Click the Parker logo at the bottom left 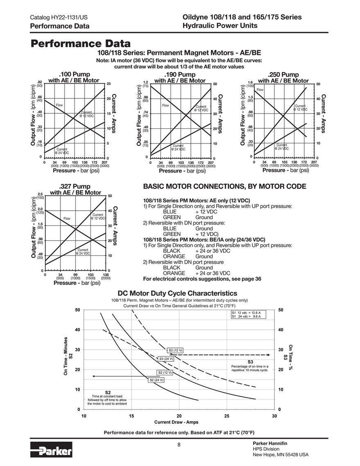pos(51,451)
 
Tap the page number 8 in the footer pos(179,446)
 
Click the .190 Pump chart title pos(180,75)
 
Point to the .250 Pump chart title pos(283,75)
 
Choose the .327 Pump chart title pos(75,186)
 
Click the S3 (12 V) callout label pos(176,350)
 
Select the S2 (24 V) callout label pos(156,380)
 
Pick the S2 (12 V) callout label pos(165,373)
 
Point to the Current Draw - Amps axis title pos(176,422)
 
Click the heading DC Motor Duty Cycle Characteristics pos(177,293)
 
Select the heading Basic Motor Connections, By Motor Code pos(224,186)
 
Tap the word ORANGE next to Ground pos(174,257)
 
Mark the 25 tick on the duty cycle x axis pos(226,416)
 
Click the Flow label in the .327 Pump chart pos(67,218)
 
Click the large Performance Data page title pos(82,43)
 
